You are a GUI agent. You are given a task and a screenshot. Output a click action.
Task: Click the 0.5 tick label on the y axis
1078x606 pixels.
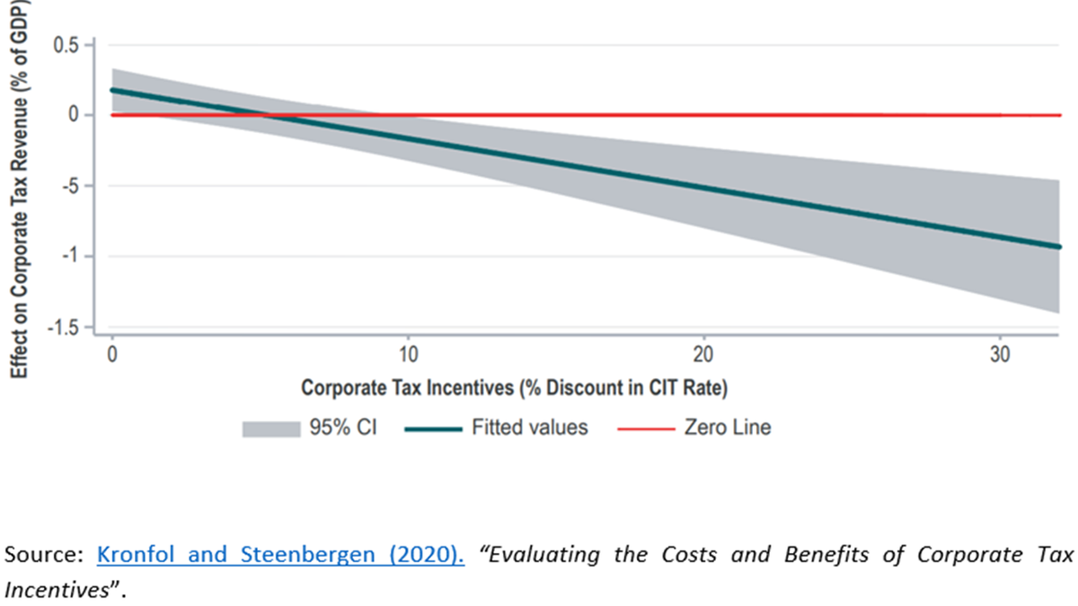[67, 44]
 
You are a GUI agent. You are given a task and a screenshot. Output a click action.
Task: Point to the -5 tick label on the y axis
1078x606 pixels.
[72, 186]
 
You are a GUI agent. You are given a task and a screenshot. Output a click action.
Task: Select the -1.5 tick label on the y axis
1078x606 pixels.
[65, 328]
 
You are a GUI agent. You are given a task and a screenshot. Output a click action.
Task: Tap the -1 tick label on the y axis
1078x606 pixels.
[72, 257]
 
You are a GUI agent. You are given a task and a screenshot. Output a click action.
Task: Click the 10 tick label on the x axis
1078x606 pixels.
[408, 355]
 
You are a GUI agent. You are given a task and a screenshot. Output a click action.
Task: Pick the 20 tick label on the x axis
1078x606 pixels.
[704, 355]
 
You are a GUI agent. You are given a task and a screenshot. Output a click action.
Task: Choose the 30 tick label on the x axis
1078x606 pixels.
[1001, 355]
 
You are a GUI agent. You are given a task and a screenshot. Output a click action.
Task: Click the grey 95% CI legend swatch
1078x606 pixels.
[270, 428]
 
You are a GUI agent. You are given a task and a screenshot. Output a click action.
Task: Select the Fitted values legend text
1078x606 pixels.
[530, 427]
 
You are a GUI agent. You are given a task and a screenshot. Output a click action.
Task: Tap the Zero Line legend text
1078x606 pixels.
[728, 427]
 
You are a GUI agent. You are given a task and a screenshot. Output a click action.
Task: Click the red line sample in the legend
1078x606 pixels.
[645, 428]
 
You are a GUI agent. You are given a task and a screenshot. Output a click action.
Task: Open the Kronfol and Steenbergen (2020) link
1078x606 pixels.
[280, 555]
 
